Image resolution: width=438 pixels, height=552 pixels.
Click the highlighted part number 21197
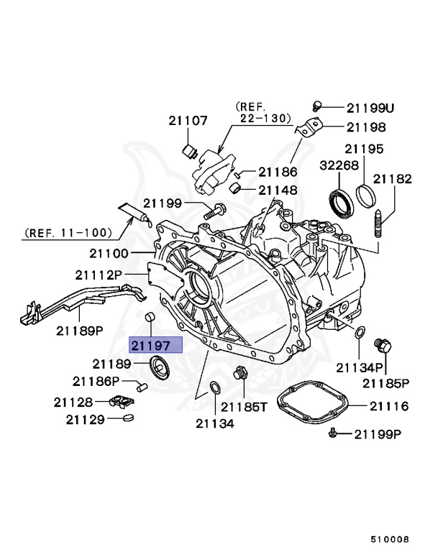(155, 346)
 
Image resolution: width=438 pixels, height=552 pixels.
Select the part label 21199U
(370, 108)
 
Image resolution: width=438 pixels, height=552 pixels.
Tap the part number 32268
(337, 165)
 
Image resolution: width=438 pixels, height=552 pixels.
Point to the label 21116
(389, 406)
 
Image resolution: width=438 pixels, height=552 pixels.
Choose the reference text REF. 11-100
(68, 232)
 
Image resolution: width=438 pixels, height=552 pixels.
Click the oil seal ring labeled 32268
(341, 201)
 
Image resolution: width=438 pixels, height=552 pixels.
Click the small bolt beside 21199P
(334, 433)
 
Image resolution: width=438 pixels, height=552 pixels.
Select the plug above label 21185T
(240, 374)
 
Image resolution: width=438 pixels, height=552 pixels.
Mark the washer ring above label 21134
(214, 389)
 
